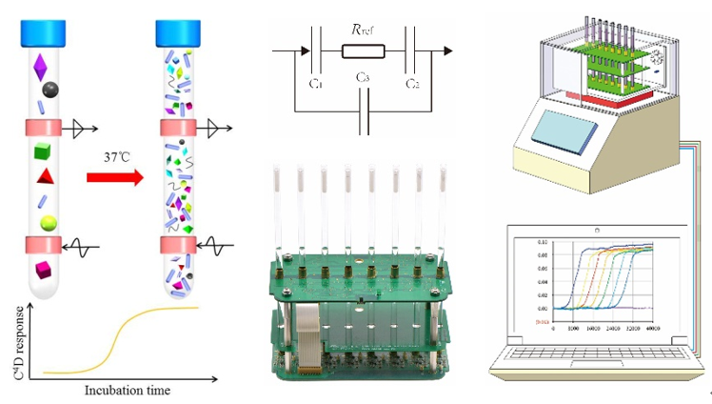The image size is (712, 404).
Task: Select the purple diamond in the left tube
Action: point(40,69)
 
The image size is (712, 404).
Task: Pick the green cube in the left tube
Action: point(42,151)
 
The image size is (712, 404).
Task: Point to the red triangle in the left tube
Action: point(44,177)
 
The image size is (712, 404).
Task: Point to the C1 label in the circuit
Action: point(317,84)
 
